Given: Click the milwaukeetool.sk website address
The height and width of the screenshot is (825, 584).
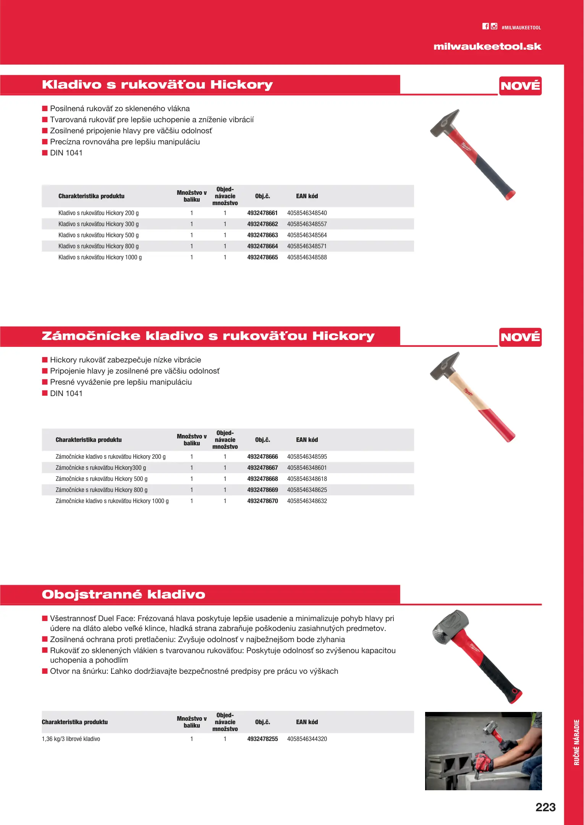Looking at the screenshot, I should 487,47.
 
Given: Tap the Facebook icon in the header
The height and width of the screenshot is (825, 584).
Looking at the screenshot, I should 485,26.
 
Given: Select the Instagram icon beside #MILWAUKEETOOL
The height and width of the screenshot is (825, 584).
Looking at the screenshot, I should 494,26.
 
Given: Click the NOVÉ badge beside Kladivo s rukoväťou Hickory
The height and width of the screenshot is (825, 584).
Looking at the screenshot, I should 520,86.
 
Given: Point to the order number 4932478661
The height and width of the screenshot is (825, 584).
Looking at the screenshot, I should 262,213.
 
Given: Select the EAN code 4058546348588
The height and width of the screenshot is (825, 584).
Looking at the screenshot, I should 307,257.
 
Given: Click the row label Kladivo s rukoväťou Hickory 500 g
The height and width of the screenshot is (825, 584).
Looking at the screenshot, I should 98,235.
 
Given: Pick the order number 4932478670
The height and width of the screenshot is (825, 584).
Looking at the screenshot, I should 262,501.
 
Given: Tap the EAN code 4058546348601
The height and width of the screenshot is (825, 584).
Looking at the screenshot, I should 307,468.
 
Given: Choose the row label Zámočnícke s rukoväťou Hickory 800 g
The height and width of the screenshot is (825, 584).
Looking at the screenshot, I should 101,490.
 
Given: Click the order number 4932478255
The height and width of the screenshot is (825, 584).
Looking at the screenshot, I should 262,739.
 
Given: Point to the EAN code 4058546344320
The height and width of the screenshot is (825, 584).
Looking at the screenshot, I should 307,739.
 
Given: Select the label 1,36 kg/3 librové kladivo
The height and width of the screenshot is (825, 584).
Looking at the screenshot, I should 71,739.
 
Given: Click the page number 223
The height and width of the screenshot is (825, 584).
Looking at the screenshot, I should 545,807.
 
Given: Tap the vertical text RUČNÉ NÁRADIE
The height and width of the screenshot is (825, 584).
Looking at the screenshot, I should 577,742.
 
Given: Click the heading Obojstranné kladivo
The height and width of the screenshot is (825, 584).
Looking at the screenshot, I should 123,594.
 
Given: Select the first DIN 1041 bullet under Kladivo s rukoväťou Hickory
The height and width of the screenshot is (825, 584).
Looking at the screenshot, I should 66,153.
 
